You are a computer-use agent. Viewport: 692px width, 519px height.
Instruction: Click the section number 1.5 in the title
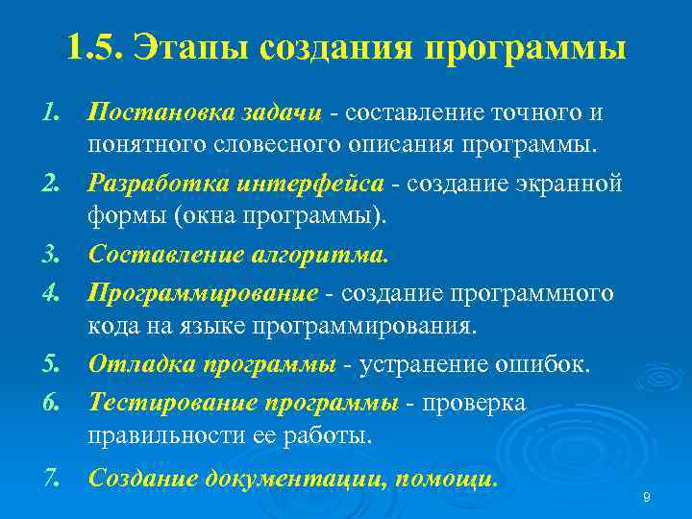click(94, 47)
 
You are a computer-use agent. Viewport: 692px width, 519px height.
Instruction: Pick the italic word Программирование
click(203, 291)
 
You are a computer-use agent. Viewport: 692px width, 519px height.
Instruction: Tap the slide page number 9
click(646, 497)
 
